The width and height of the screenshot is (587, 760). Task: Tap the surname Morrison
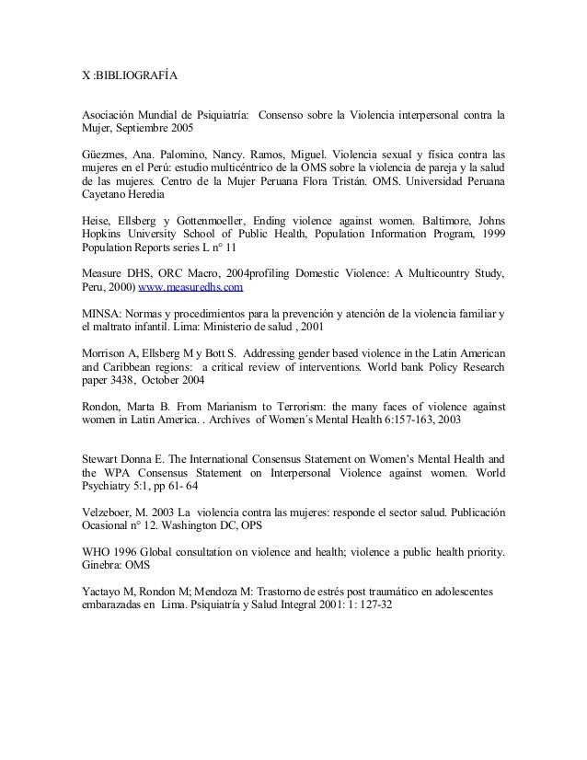click(101, 353)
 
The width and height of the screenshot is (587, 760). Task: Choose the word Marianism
click(241, 405)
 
